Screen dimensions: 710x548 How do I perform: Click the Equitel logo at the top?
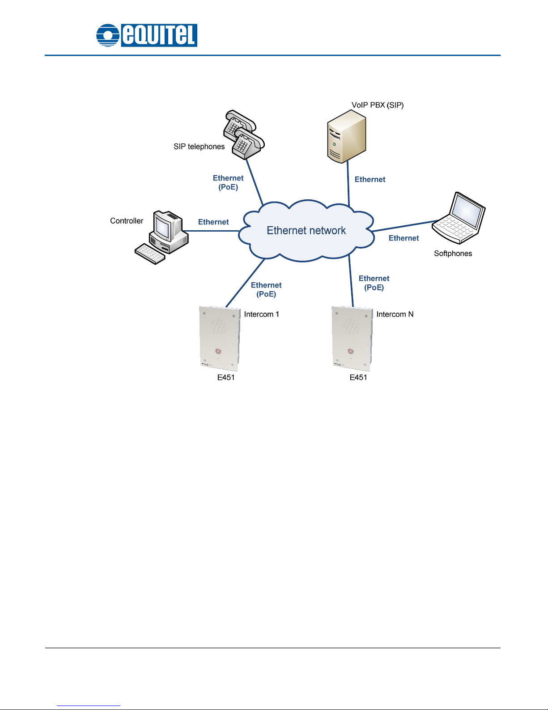147,35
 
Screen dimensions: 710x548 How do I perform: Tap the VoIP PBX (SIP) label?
378,105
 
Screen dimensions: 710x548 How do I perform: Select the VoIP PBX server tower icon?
346,136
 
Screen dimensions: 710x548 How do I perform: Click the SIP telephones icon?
243,134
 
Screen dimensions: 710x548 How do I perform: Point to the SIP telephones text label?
199,147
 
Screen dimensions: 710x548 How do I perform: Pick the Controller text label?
127,221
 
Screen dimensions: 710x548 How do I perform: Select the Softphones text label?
453,254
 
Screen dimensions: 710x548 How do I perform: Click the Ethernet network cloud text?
306,231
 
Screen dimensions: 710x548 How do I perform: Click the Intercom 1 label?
261,314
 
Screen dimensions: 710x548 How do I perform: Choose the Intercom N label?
395,314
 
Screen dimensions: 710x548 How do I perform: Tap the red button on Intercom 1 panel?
218,351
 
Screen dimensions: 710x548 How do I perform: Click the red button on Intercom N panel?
351,351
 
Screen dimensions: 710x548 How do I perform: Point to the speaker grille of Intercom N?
352,327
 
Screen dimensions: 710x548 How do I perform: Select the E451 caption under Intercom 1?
226,378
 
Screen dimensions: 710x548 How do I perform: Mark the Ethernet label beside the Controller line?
213,222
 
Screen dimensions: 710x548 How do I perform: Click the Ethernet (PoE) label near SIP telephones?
228,183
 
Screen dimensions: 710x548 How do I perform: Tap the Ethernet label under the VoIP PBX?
370,180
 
